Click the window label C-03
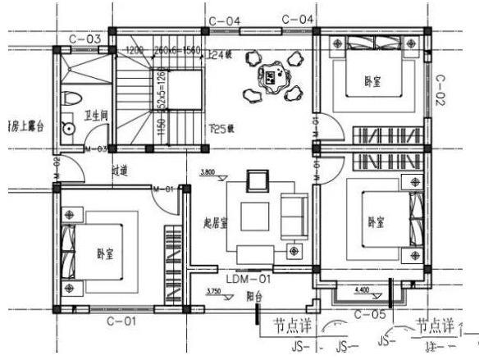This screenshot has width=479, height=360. pos(85,39)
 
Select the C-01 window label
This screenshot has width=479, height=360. pos(119,321)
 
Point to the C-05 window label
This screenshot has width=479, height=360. pos(368,313)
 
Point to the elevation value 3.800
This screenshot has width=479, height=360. pos(208,173)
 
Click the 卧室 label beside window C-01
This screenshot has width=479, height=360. pos(104,253)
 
